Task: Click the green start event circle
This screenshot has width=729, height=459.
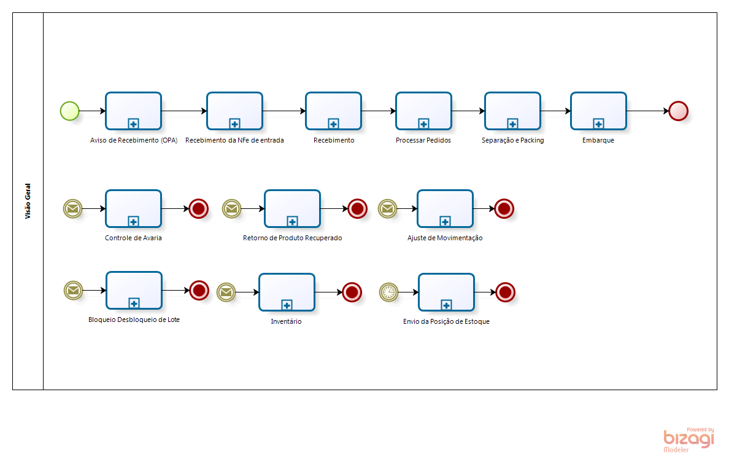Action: [70, 111]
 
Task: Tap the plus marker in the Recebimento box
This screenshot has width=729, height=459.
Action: [333, 124]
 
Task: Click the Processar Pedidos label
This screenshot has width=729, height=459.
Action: [423, 140]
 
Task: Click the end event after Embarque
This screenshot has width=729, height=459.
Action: [678, 111]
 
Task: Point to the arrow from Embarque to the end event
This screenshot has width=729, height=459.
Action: [647, 111]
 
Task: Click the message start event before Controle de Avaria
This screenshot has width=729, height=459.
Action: [72, 209]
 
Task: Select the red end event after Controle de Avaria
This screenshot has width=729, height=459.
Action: [198, 209]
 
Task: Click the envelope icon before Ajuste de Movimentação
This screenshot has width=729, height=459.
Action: [387, 209]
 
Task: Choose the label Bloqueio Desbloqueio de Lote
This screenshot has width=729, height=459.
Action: [134, 320]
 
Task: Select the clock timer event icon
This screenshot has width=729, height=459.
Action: [388, 292]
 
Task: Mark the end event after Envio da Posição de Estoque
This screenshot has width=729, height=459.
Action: [505, 292]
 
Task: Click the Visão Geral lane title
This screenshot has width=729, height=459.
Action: [28, 202]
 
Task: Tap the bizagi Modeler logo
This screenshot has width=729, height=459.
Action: [688, 439]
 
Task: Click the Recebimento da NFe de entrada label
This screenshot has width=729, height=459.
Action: [234, 140]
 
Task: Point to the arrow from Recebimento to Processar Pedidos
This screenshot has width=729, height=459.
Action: [378, 111]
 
